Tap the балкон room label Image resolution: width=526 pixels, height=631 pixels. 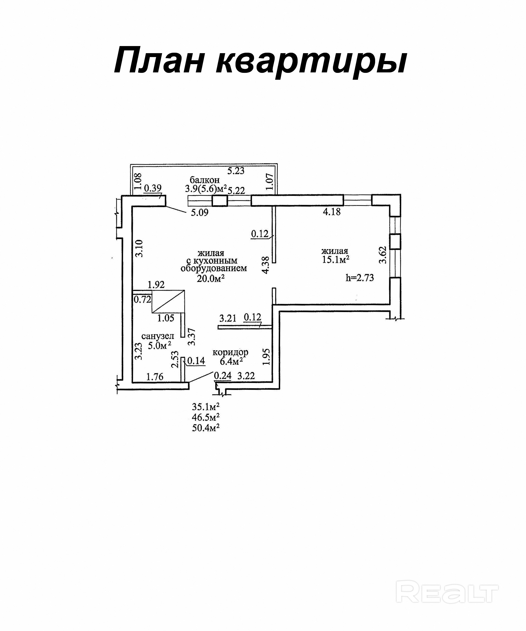pyautogui.click(x=205, y=180)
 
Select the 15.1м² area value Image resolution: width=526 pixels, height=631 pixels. pyautogui.click(x=335, y=260)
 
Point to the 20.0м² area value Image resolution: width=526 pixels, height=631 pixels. pyautogui.click(x=211, y=279)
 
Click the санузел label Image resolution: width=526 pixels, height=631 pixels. pyautogui.click(x=158, y=336)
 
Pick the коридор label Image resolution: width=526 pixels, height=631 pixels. pyautogui.click(x=230, y=352)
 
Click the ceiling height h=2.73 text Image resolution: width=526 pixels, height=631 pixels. pyautogui.click(x=360, y=278)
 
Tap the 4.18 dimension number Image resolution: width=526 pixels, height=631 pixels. pyautogui.click(x=332, y=212)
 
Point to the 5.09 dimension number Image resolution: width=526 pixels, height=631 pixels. pyautogui.click(x=200, y=213)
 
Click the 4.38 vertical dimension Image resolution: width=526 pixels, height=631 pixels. pyautogui.click(x=265, y=265)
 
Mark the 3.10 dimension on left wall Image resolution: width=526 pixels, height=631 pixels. pyautogui.click(x=139, y=248)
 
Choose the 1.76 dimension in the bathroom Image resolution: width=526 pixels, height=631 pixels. pyautogui.click(x=155, y=376)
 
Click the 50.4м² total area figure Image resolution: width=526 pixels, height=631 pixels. pyautogui.click(x=206, y=428)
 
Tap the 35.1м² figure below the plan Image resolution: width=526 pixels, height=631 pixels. pyautogui.click(x=206, y=407)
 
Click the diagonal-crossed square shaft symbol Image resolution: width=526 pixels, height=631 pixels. pyautogui.click(x=168, y=301)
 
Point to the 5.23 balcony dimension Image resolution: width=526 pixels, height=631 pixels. pyautogui.click(x=236, y=171)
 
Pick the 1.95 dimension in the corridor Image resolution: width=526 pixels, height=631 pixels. pyautogui.click(x=266, y=357)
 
